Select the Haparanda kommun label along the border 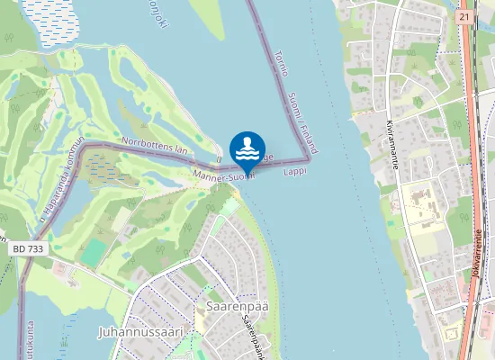pyautogui.click(x=58, y=180)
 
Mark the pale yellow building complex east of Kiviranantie pyautogui.click(x=421, y=206)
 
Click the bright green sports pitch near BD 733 pyautogui.click(x=92, y=252)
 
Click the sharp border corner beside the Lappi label pyautogui.click(x=309, y=162)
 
